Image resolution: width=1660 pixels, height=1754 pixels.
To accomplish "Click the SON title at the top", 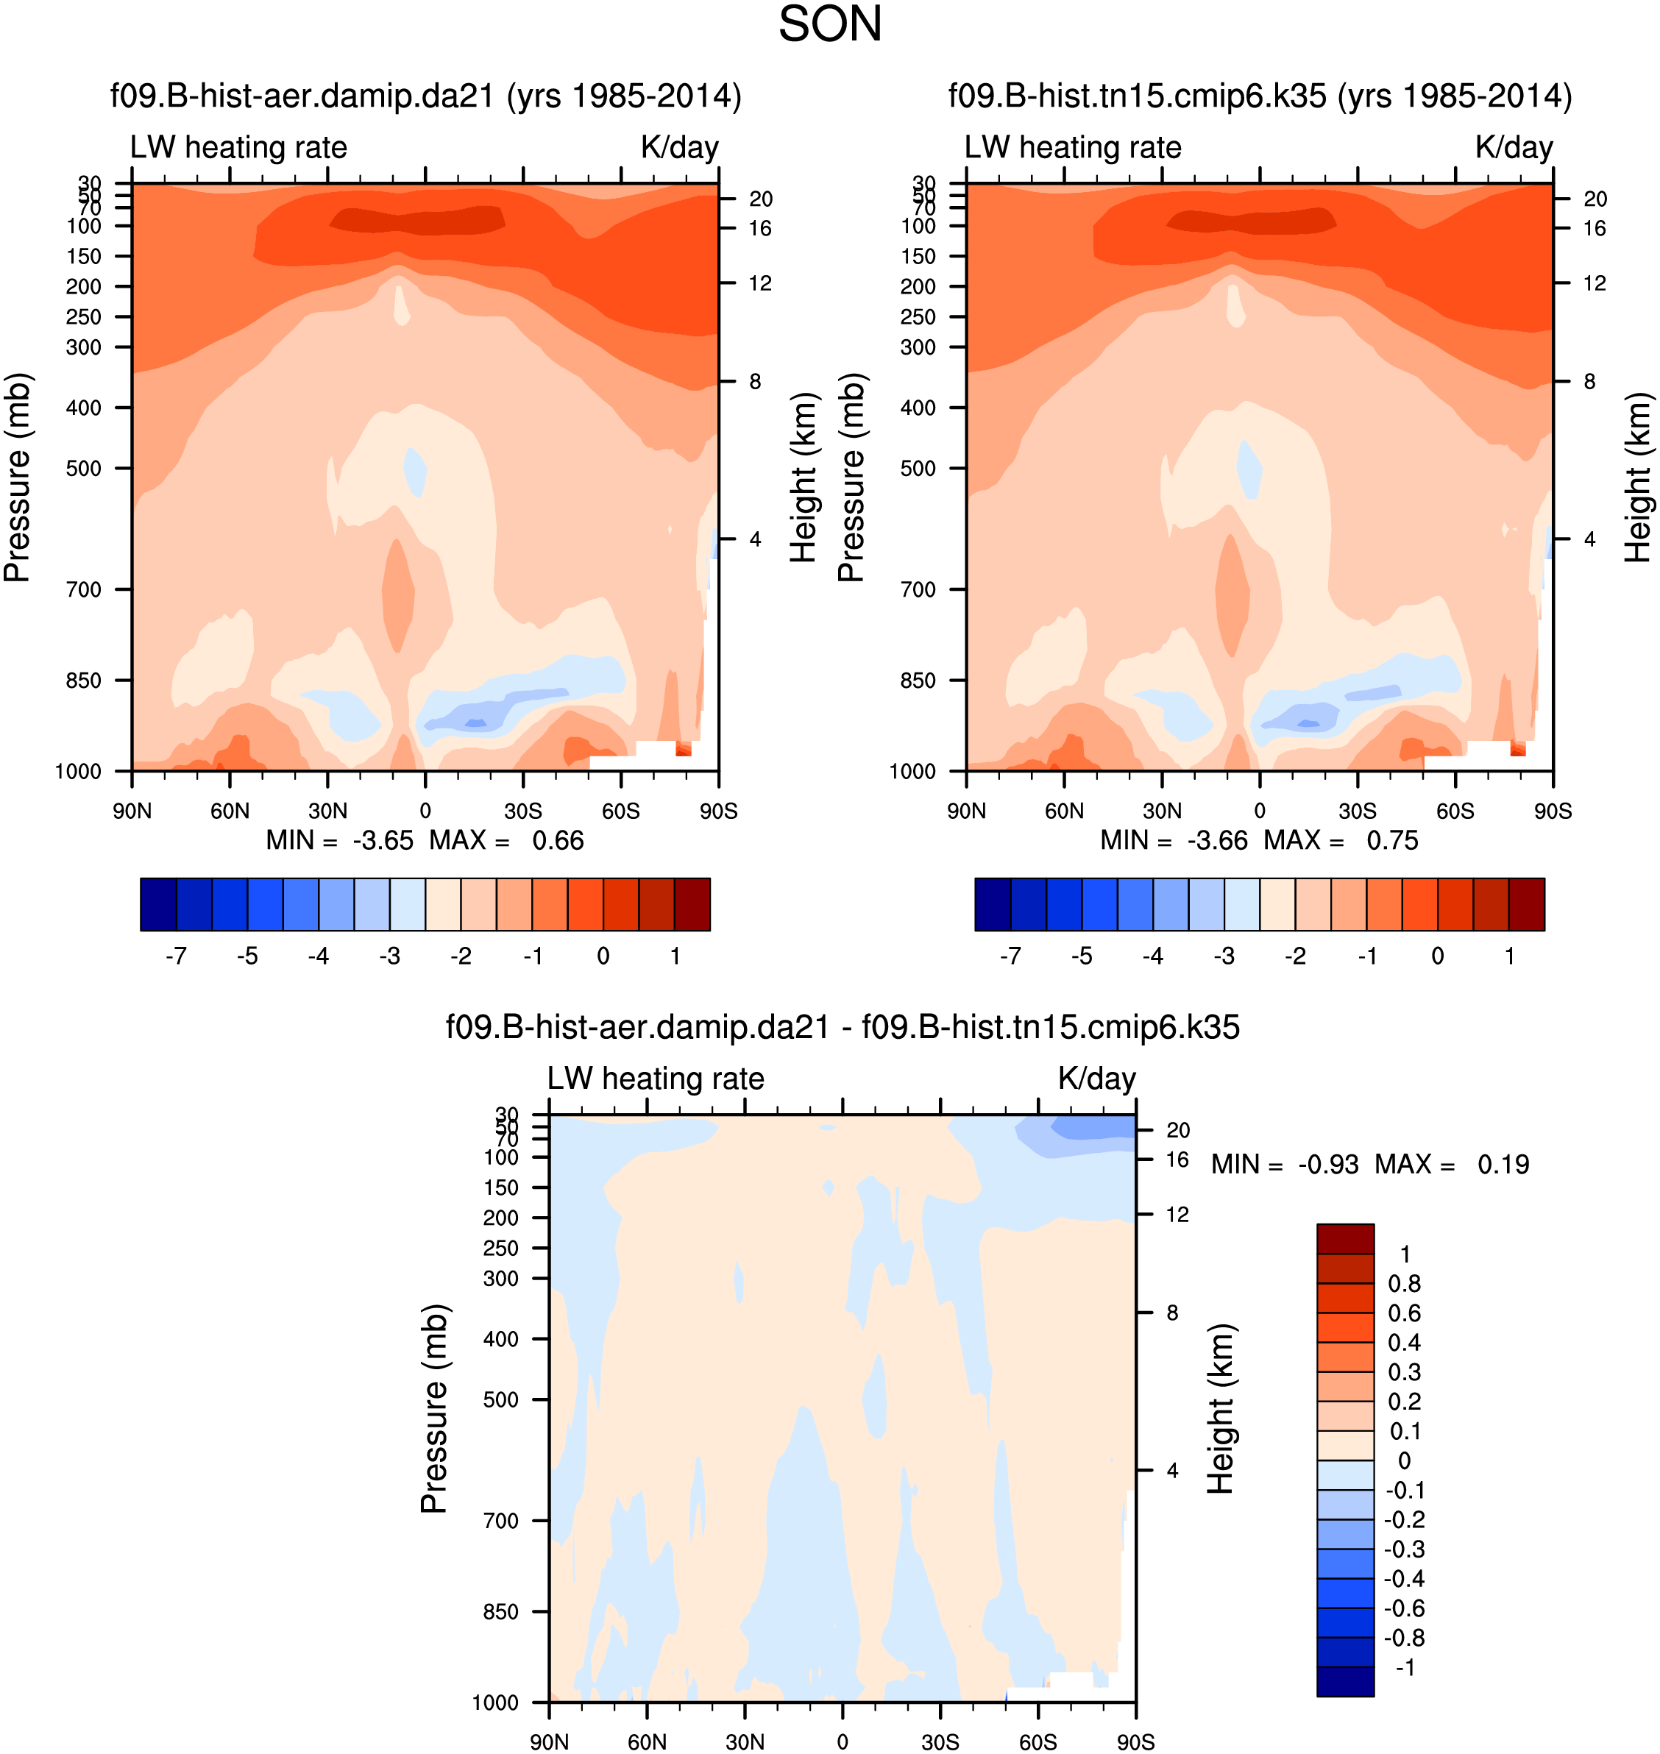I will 829,25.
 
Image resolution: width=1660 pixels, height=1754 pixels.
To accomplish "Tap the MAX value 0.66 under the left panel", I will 558,841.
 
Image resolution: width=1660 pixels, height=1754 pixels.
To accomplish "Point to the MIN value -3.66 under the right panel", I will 1217,841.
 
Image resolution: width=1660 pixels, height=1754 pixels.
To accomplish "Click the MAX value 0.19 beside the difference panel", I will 1503,1165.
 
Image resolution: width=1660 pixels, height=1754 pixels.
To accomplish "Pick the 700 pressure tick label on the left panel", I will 83,589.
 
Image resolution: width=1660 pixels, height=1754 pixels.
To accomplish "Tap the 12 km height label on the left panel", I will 760,283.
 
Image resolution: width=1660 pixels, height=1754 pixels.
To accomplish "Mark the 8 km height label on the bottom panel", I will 1172,1313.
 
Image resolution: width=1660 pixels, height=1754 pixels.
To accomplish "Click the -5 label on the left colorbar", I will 247,956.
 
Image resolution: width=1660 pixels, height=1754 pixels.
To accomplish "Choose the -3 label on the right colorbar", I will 1224,956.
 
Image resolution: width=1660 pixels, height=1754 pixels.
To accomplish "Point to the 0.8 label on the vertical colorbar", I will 1404,1284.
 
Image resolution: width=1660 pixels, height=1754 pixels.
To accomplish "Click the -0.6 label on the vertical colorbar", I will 1404,1608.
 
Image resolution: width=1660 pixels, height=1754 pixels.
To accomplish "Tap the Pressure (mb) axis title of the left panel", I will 18,478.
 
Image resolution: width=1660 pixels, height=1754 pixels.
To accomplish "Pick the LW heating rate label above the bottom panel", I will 655,1079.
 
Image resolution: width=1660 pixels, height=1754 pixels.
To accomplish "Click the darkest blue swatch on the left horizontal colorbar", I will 158,904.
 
